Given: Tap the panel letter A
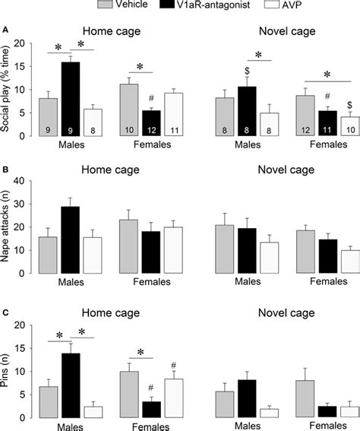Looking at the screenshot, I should (x=6, y=30).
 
